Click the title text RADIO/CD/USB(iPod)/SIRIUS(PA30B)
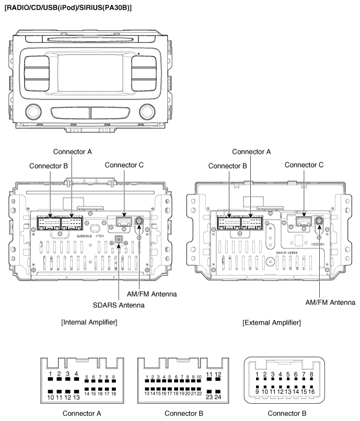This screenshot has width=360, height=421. point(68,7)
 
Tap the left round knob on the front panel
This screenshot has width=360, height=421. point(33,111)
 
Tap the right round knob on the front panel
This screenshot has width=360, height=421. point(147,111)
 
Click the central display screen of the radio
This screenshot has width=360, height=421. point(90,73)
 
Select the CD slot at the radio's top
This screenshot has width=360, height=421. point(90,40)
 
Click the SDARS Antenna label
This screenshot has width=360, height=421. point(119,305)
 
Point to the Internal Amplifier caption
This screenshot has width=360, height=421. point(89,322)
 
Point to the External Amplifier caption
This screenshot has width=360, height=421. point(272,322)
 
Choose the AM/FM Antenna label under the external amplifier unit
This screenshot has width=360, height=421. point(330,302)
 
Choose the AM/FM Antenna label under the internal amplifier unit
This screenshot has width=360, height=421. point(152,294)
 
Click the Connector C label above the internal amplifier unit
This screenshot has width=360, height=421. point(124,165)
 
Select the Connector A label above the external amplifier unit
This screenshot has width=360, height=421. point(251,151)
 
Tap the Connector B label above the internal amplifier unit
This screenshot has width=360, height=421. point(49,166)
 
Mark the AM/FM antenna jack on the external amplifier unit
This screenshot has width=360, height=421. point(319,221)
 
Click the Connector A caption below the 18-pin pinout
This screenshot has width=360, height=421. point(82,414)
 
